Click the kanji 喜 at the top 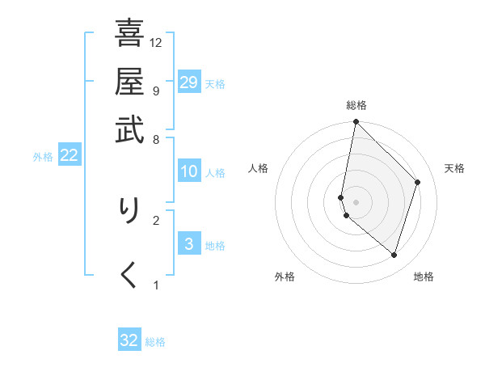click(x=129, y=34)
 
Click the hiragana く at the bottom click(x=129, y=275)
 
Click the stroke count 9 click(x=155, y=90)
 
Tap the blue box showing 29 click(x=188, y=82)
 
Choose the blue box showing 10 click(x=188, y=171)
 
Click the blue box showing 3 click(x=188, y=244)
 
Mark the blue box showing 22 click(x=69, y=156)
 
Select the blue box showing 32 click(x=129, y=340)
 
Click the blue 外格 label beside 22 click(x=43, y=157)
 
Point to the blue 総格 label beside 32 click(x=156, y=342)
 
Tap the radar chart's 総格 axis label click(x=356, y=105)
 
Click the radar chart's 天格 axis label click(x=454, y=168)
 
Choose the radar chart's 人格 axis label click(x=258, y=168)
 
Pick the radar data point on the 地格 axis click(x=394, y=255)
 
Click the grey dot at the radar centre click(x=356, y=201)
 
